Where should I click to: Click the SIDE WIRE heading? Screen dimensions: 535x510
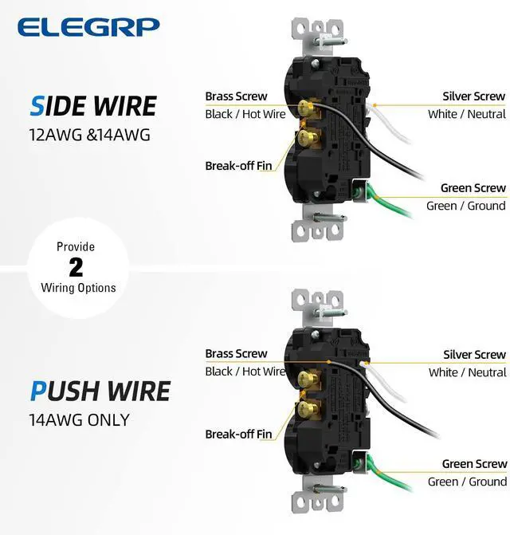point(94,106)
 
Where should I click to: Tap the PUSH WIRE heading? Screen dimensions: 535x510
point(100,391)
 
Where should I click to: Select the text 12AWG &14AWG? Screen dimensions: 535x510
point(83,135)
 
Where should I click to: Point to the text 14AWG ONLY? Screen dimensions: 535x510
point(80,419)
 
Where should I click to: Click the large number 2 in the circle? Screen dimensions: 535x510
point(76,267)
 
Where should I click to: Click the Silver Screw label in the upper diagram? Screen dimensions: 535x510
point(474,96)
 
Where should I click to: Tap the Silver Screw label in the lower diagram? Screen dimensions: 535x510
point(474,355)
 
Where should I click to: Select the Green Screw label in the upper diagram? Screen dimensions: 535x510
point(473,188)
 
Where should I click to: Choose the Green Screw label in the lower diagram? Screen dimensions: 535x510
point(474,464)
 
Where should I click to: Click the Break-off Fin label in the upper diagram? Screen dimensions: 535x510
point(238,166)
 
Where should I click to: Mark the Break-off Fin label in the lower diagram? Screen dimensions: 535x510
point(238,435)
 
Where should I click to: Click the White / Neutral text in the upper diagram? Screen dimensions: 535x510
point(466,114)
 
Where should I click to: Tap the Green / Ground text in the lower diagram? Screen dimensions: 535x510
point(466,482)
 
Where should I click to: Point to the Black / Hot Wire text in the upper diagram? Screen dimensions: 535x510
point(245,114)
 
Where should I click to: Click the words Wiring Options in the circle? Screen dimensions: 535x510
point(78,288)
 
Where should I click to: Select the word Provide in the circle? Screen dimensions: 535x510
point(76,246)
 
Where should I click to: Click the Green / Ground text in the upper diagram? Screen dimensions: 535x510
point(466,206)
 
